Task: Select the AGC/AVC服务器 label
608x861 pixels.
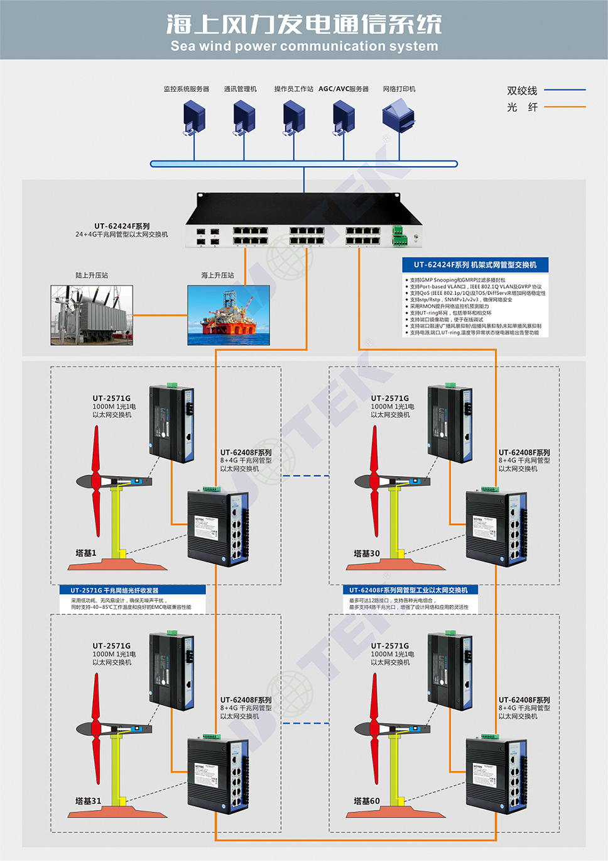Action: click(x=344, y=89)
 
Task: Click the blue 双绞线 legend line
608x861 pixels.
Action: click(x=565, y=90)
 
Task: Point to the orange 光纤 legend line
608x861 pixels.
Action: click(x=565, y=107)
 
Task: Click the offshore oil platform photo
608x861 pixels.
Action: click(x=229, y=315)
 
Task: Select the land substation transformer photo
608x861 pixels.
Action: click(x=92, y=315)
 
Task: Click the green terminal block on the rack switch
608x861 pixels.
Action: click(x=398, y=235)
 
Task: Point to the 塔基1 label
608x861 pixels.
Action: click(x=86, y=553)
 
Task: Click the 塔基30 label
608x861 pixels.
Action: click(x=366, y=553)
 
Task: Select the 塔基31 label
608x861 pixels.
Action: click(x=88, y=801)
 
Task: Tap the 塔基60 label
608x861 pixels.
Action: click(x=366, y=801)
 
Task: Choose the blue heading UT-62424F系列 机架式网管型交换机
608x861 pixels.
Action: click(x=475, y=265)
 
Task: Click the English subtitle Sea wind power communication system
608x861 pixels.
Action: click(x=304, y=46)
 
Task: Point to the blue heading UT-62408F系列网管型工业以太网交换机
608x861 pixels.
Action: click(x=409, y=590)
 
